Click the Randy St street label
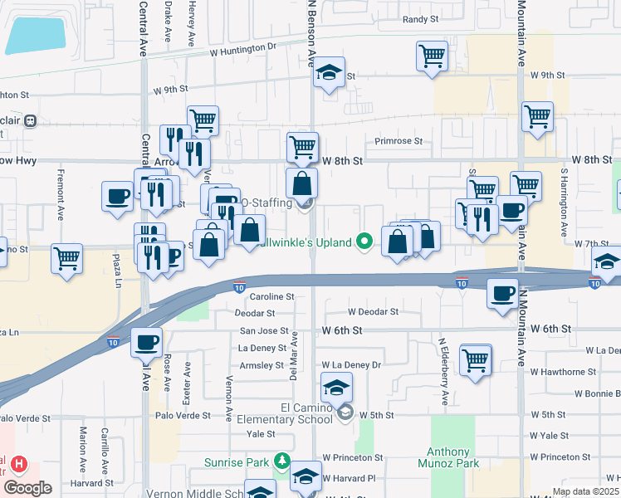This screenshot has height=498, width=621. [x=420, y=19]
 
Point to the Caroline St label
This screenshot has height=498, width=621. [x=273, y=296]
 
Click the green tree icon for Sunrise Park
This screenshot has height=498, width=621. [x=282, y=460]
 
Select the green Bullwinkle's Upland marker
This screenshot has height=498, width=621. [x=364, y=242]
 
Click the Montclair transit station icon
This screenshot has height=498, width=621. [x=31, y=120]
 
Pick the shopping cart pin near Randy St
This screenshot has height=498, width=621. [x=432, y=56]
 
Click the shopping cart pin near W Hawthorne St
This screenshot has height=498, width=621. [x=476, y=359]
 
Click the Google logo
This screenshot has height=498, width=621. [x=27, y=488]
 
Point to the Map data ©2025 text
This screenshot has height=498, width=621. [x=584, y=491]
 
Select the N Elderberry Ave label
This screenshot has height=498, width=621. [x=444, y=370]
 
